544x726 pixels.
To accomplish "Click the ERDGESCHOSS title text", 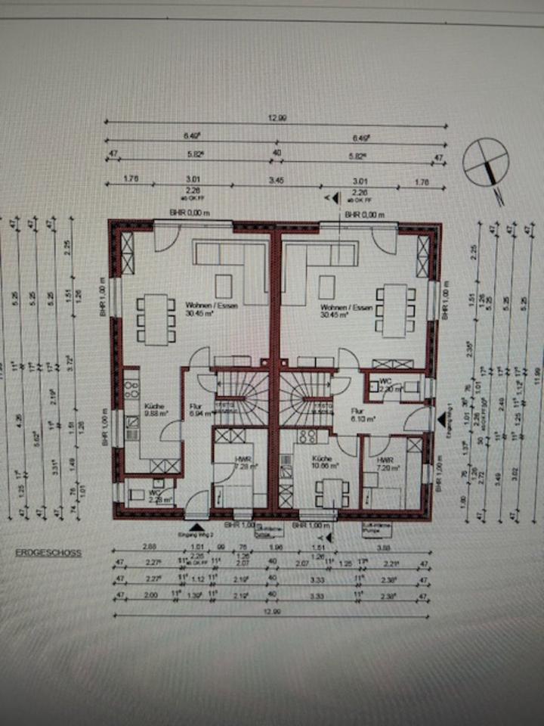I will [x=48, y=553].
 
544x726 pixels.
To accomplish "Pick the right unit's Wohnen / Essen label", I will [x=338, y=310].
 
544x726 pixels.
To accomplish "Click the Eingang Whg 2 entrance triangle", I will [x=197, y=526].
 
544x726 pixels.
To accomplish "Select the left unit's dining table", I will [x=156, y=318].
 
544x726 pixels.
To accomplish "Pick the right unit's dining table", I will [x=394, y=310].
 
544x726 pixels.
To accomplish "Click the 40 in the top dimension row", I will [x=277, y=154].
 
